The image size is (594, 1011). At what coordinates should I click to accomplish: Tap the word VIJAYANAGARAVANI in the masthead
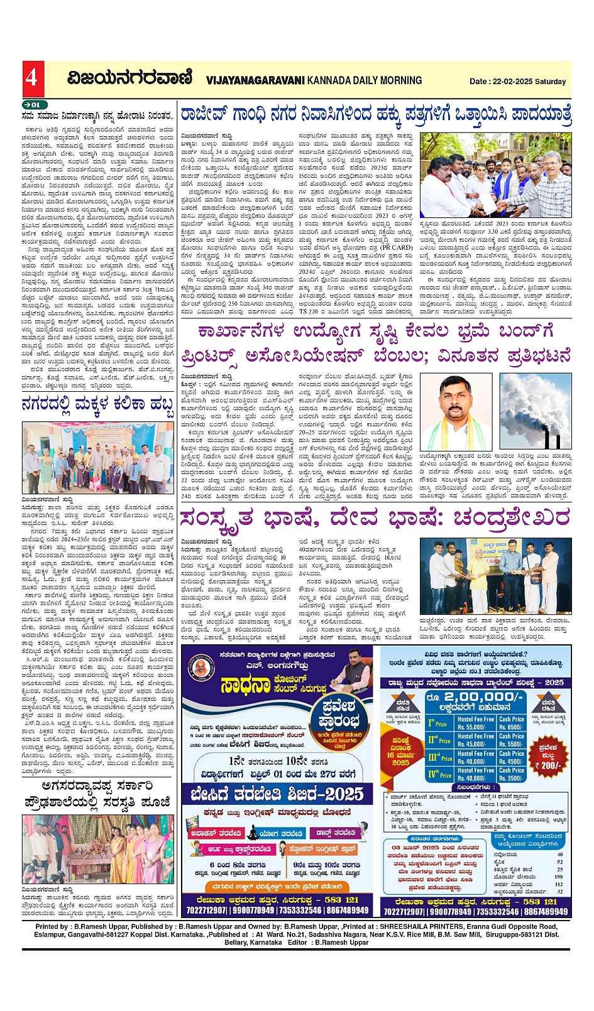[x=255, y=80]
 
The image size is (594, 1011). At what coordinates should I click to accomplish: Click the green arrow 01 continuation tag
[x=33, y=105]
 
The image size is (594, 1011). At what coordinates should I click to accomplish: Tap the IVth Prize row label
[x=440, y=774]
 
